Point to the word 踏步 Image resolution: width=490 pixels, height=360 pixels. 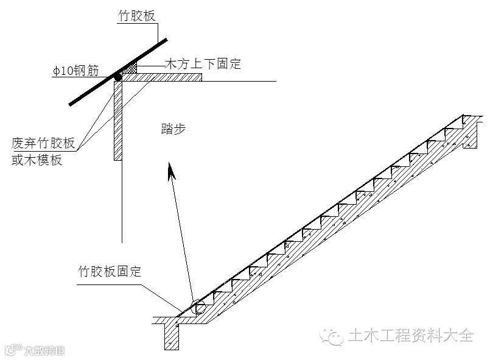pos(173,129)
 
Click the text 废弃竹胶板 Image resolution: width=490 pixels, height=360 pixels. pos(43,144)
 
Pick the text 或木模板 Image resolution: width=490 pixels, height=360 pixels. pos(37,160)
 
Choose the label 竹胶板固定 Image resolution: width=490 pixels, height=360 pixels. pos(110,270)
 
